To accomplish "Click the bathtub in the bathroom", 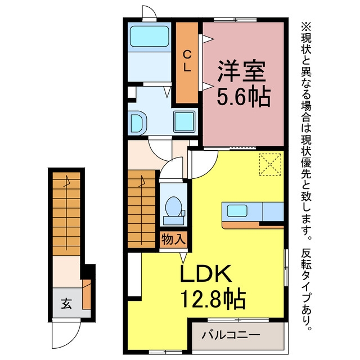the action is pos(150,36).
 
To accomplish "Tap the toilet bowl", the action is pos(174,206).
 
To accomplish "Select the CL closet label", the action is pos(187,61).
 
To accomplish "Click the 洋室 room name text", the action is pos(241,71).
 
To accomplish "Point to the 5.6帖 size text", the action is pos(244,96).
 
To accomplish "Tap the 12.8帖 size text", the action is pos(213,298).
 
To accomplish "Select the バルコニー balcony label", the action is pos(231,335).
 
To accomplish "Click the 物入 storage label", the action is pos(173,240).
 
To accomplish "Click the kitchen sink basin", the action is pos(237,211).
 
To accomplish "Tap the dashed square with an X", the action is pos(270,164).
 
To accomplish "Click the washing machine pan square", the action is pos(184,121).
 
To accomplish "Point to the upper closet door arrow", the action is pos(208,39).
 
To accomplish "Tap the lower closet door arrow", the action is pos(208,87).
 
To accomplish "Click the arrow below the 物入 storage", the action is pos(183,258).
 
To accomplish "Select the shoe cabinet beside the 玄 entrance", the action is pos(87,294).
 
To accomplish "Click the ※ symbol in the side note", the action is pos(306,26).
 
